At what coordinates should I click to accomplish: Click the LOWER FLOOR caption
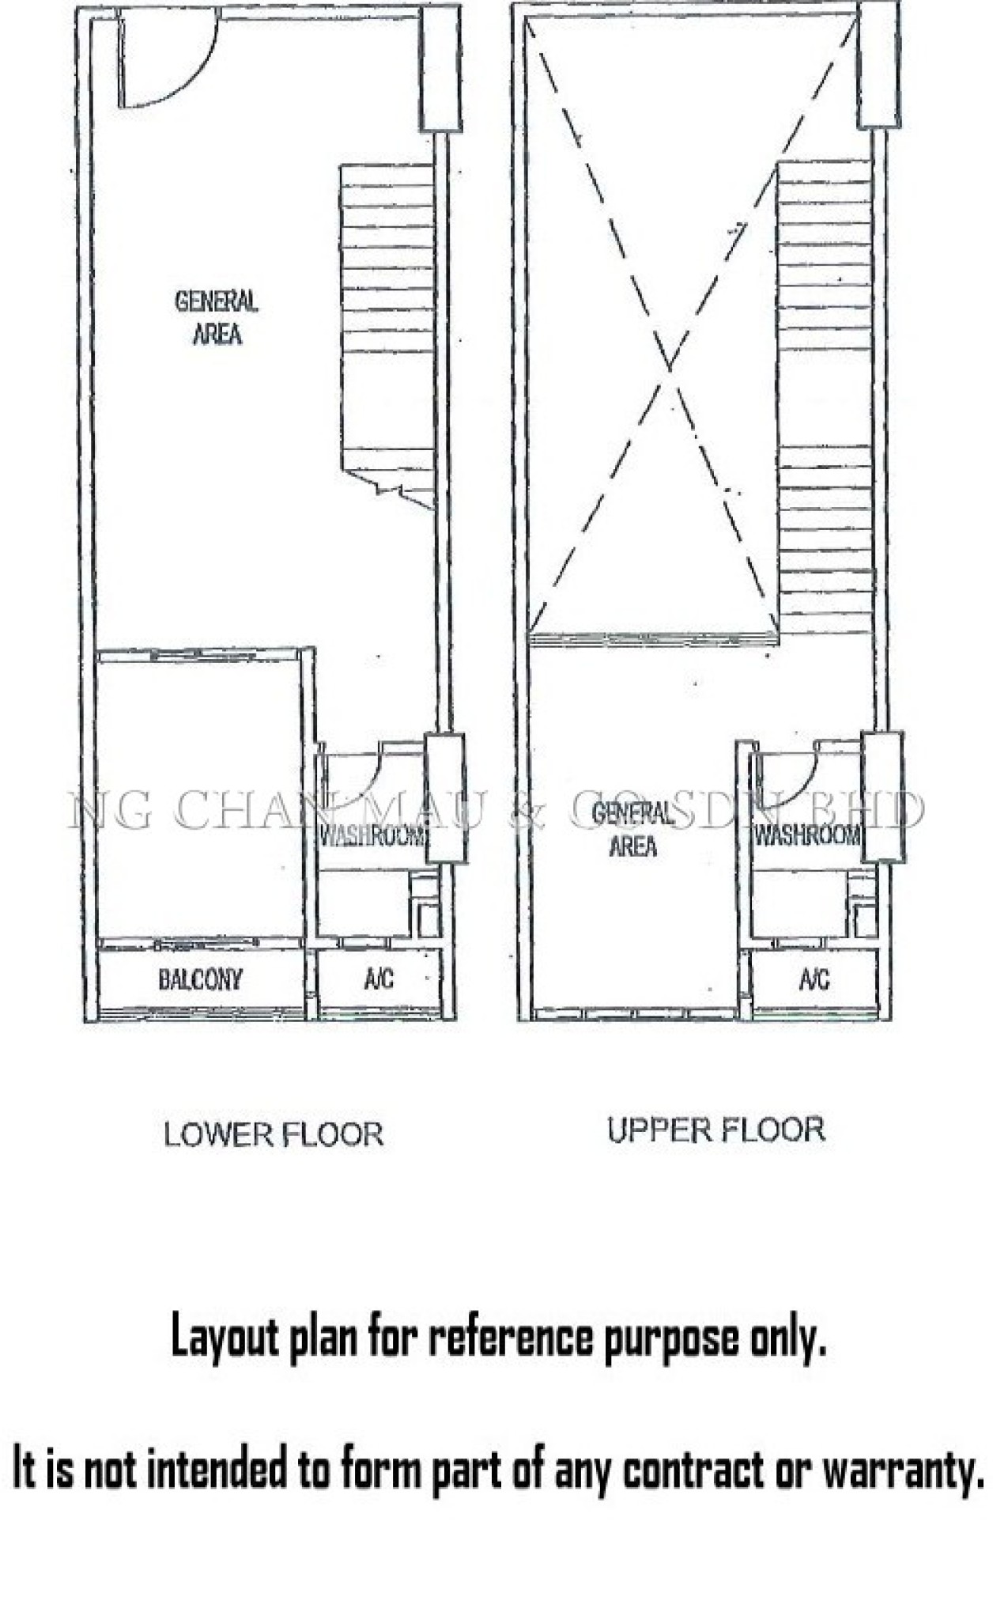274,1134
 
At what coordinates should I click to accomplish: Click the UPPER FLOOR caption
716,1130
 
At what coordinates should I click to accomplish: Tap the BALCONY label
200,980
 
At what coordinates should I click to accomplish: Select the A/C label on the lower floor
379,979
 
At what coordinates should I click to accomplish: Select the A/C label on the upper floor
814,980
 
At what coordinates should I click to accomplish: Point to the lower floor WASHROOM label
372,835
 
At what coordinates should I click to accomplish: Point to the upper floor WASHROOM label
806,835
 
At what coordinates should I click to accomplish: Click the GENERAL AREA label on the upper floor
633,830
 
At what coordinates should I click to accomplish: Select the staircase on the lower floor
387,336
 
